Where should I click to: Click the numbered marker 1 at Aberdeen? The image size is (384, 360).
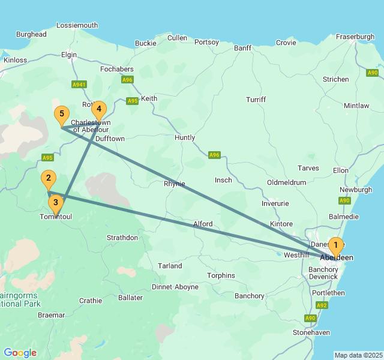pos(336,245)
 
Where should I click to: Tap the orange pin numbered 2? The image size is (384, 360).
pos(49,178)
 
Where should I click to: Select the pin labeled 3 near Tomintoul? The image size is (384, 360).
pos(55,203)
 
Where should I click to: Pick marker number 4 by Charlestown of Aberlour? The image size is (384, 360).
pos(99,109)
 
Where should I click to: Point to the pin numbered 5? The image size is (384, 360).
pos(61,114)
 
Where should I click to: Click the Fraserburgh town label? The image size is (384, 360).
pos(355,37)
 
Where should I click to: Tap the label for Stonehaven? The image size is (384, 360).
pos(311,332)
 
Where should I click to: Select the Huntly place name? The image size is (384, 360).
pos(185,137)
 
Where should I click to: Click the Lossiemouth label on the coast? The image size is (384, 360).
pos(77,25)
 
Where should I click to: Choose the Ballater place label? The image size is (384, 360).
pos(131,298)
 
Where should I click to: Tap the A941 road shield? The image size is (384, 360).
pos(79,85)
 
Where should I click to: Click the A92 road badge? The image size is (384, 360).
pos(322,305)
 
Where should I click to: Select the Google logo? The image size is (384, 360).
pos(20,353)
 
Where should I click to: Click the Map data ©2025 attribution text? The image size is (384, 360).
pos(358,355)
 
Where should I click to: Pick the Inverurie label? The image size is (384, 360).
pos(275,203)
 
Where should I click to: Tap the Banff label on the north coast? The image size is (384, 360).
pos(243,47)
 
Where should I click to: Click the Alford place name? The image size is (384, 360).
pos(203,224)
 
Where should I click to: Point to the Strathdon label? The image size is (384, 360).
pos(122,238)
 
